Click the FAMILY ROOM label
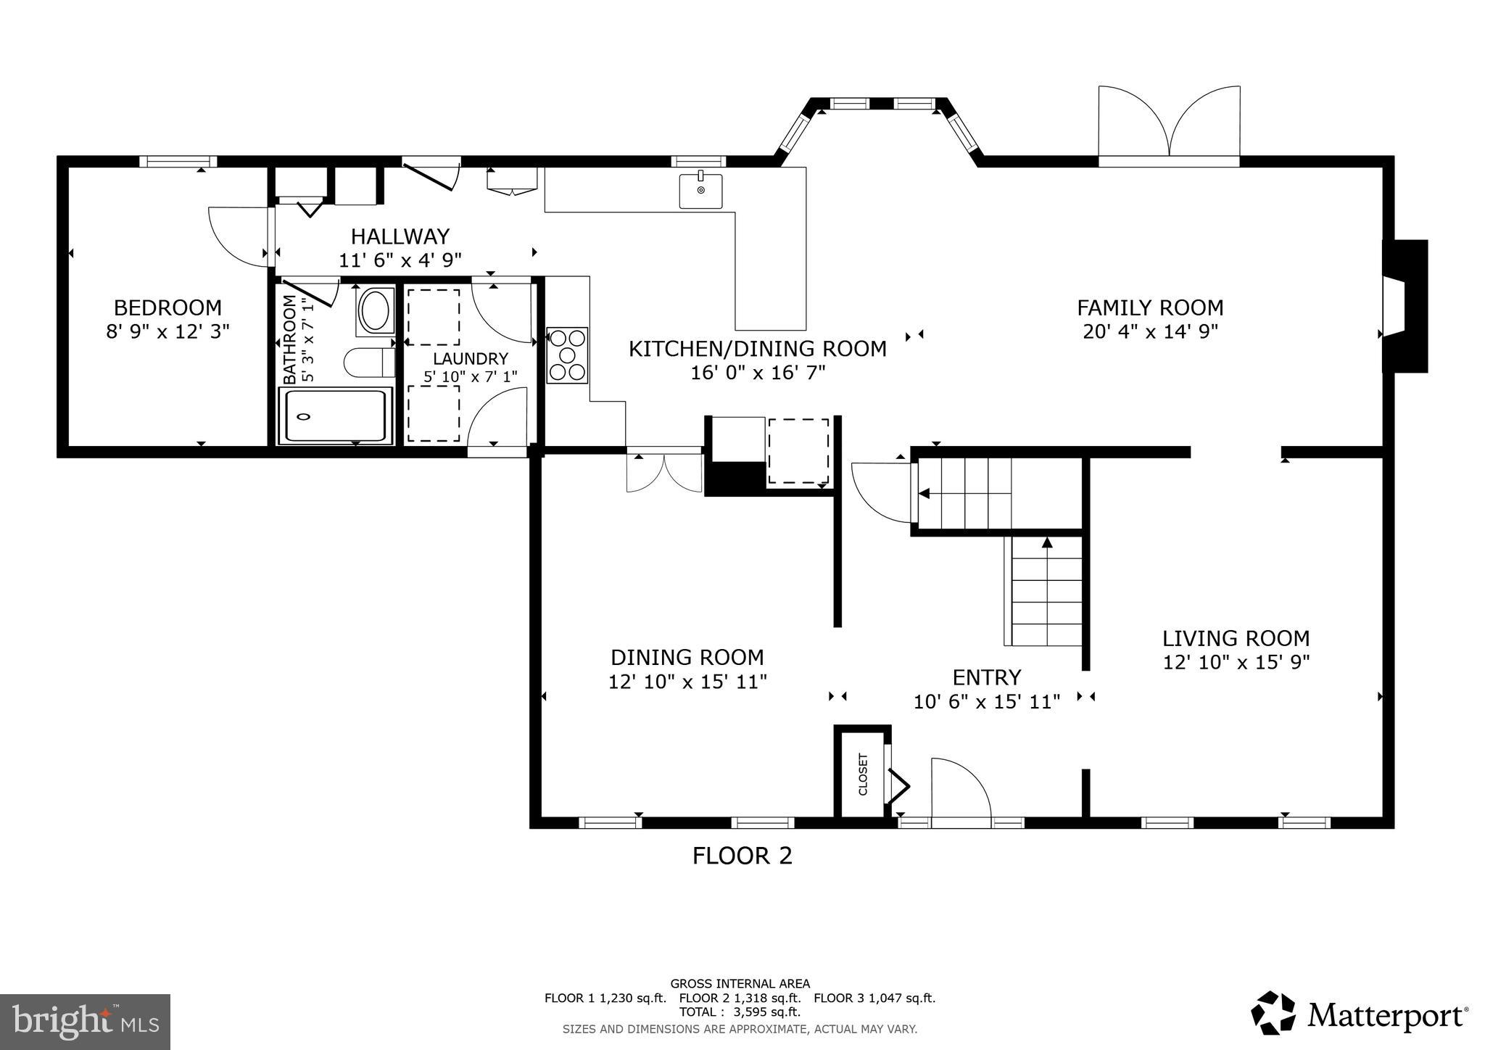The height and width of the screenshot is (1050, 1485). coord(1150,307)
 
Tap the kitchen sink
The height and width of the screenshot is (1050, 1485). coord(700,191)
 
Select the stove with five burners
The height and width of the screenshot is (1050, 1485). coord(567,355)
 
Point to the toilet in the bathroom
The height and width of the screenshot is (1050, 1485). coord(369,363)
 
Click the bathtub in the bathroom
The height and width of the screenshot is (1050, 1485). coord(335,416)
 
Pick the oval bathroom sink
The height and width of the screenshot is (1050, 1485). coord(376,311)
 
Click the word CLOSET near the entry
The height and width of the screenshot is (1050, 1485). coord(863,774)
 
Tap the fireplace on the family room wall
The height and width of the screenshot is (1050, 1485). coord(1405,306)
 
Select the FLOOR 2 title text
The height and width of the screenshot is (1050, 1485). coord(742,856)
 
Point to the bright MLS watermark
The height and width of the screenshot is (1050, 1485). coord(86,1022)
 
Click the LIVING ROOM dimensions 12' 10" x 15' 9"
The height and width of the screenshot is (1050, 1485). coord(1236,662)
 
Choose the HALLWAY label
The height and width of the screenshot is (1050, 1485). coord(400,236)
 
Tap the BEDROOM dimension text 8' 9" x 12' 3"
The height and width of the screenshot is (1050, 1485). coord(167,331)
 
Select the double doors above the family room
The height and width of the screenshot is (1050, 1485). coord(1169,122)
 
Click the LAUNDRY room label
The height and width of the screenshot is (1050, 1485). coord(471,358)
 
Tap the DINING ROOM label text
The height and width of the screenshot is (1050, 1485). coord(687,657)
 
